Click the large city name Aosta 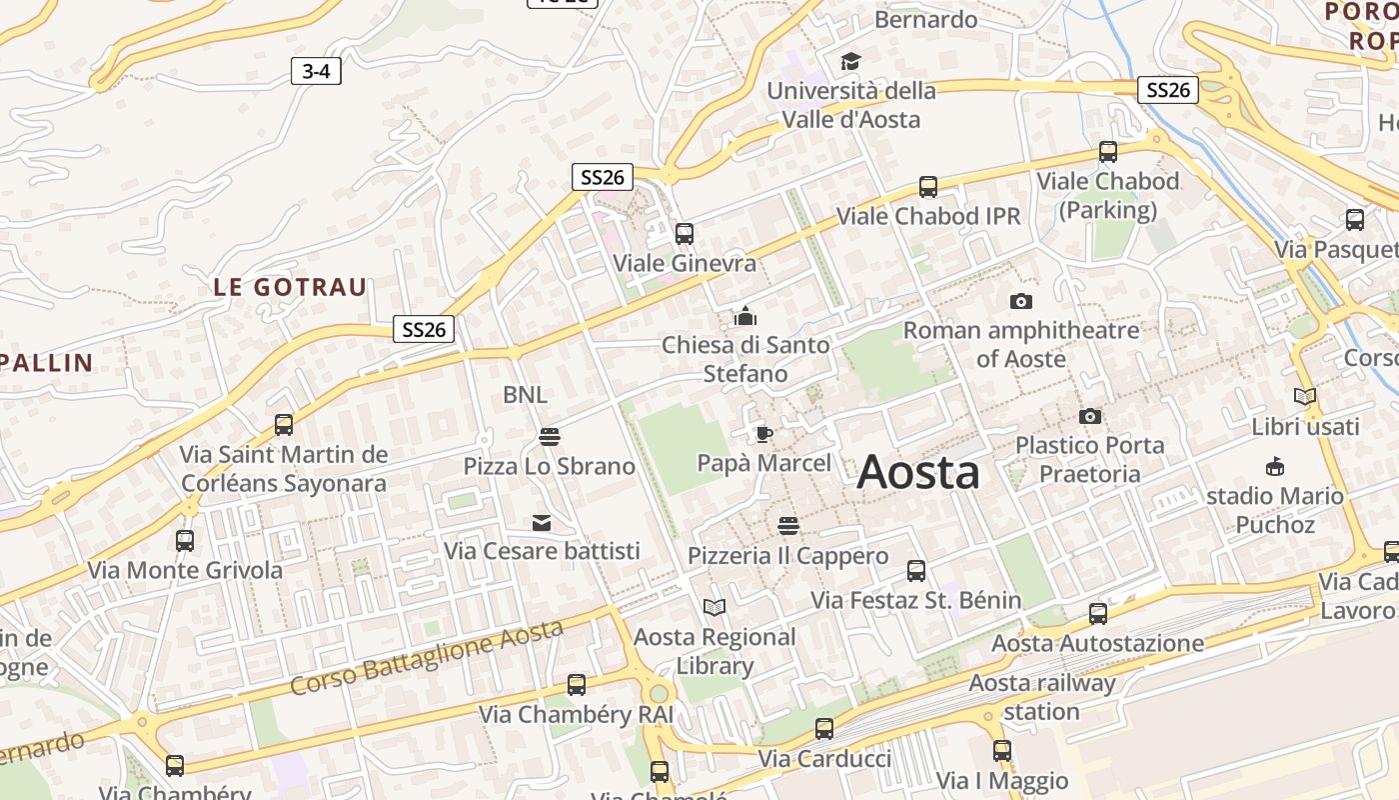point(917,471)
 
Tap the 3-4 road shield point(316,71)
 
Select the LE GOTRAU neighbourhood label point(290,287)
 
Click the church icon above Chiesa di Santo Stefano point(745,317)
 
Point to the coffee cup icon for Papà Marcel point(763,434)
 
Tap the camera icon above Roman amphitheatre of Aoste point(1020,301)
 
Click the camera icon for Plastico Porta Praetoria point(1089,416)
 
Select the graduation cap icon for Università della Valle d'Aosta point(849,62)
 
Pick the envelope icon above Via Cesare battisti point(542,523)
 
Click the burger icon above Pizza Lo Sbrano point(549,437)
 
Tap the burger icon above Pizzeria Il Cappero point(787,526)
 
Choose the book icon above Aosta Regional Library point(714,607)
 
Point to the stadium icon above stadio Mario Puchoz point(1274,466)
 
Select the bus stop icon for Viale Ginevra point(685,234)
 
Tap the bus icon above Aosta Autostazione point(1097,613)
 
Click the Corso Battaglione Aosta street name point(427,657)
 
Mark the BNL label point(525,395)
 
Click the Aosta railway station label point(1042,697)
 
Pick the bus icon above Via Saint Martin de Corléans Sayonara point(284,425)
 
